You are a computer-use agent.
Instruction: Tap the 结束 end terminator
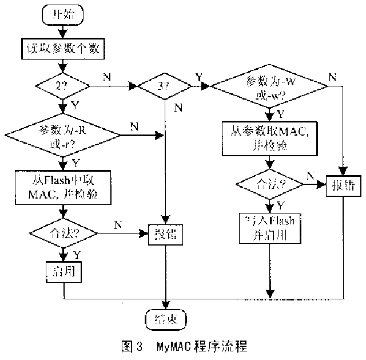click(165, 318)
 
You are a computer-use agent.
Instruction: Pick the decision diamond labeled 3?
click(165, 86)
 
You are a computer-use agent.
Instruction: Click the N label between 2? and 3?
click(108, 76)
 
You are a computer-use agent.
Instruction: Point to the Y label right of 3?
click(198, 76)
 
